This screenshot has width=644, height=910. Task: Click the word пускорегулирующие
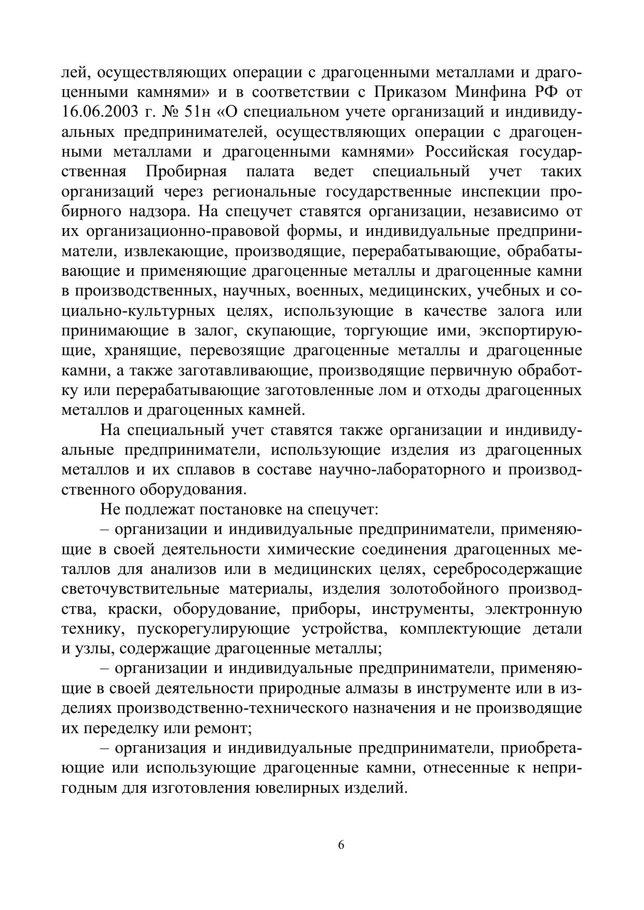(x=213, y=629)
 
